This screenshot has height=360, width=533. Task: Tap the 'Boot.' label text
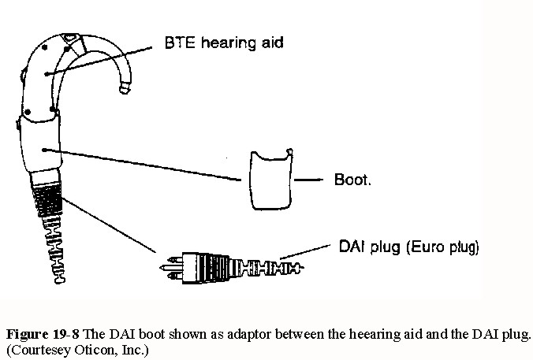point(354,180)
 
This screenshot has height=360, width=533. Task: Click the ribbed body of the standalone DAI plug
point(205,264)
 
